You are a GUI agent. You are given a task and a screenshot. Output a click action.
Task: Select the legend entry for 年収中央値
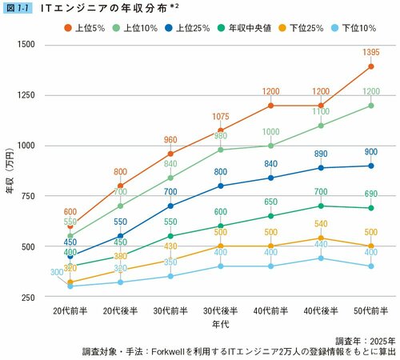[x=245, y=29]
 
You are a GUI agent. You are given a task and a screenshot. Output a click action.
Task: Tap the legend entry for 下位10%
[x=357, y=29]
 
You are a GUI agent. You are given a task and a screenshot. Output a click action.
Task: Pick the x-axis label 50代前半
[x=370, y=310]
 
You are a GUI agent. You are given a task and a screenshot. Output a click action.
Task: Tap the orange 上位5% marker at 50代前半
[x=370, y=66]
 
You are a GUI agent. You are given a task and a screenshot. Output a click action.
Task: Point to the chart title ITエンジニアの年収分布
[x=103, y=7]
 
